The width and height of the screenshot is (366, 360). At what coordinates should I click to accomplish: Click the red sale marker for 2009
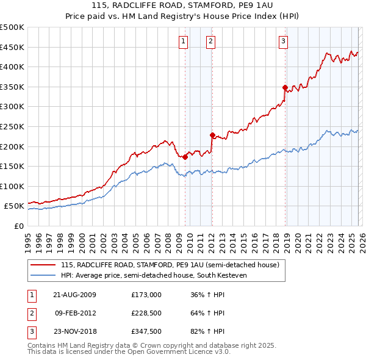tap(185, 157)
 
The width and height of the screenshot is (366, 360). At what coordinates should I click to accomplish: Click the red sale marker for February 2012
tap(212, 135)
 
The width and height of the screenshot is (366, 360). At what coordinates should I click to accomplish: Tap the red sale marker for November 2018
tap(285, 87)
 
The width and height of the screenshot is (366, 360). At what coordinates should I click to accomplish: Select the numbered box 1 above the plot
tap(184, 41)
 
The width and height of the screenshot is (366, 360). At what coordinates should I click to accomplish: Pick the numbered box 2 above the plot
tap(210, 41)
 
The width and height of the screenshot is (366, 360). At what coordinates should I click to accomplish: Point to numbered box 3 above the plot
tap(284, 41)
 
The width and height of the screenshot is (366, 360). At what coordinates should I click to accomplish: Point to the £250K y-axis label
tap(12, 126)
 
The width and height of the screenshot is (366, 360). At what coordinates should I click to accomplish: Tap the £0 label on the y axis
tap(18, 226)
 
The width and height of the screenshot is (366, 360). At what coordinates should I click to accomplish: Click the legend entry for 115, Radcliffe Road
tap(170, 265)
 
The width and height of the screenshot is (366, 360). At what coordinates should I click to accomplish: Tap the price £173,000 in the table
tap(146, 294)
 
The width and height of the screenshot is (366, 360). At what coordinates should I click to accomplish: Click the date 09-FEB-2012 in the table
tap(75, 313)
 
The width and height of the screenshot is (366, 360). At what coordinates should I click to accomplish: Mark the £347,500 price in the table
tap(146, 333)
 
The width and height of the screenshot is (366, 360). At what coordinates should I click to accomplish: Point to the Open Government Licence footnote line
tap(129, 352)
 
